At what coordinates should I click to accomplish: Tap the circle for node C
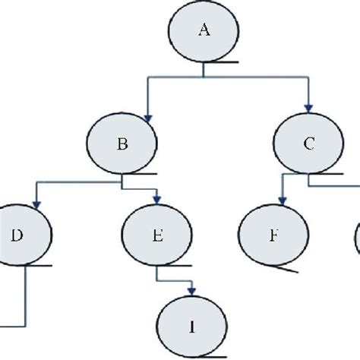(308, 145)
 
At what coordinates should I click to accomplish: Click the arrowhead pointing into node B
(150, 115)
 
